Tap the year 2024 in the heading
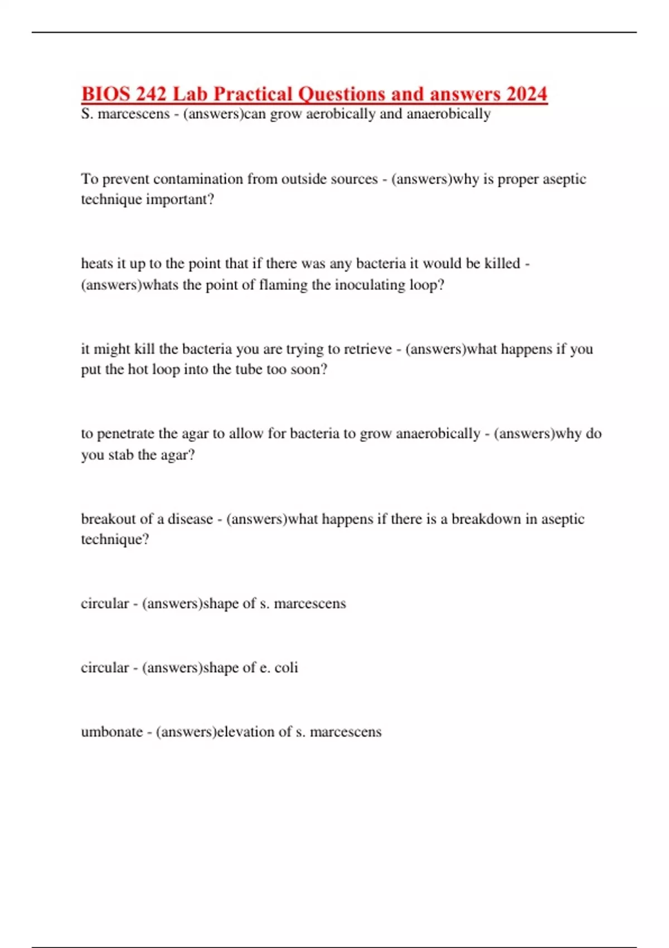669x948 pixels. click(x=526, y=94)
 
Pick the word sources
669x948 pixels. click(x=355, y=179)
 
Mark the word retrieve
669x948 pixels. click(x=367, y=349)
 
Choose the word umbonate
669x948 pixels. click(x=111, y=732)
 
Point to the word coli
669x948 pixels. click(x=286, y=668)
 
